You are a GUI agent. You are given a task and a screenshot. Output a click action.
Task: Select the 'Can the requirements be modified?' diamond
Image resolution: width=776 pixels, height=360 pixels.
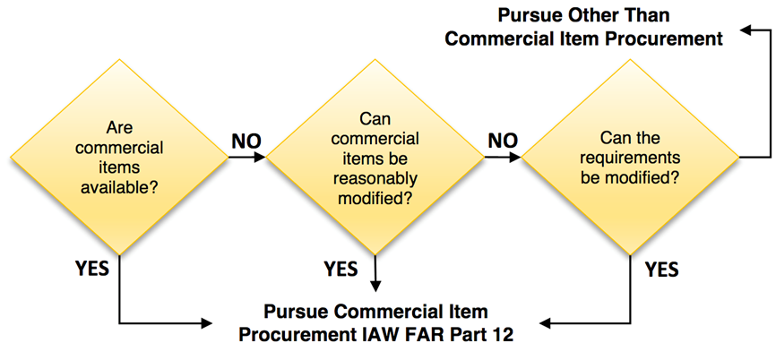(631, 158)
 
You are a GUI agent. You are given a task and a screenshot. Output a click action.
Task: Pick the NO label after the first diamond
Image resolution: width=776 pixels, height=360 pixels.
(247, 141)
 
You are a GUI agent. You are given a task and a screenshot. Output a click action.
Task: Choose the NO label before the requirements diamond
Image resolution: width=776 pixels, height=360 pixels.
(503, 141)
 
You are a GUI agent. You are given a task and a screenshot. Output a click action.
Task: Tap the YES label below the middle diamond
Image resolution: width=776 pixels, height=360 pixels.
(341, 268)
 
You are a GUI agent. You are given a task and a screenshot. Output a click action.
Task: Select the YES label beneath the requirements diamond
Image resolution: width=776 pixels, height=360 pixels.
(661, 268)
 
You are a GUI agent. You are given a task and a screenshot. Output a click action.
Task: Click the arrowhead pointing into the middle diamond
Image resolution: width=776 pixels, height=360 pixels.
(261, 159)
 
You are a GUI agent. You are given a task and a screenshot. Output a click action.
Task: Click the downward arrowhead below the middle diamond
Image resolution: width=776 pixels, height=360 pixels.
(376, 286)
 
